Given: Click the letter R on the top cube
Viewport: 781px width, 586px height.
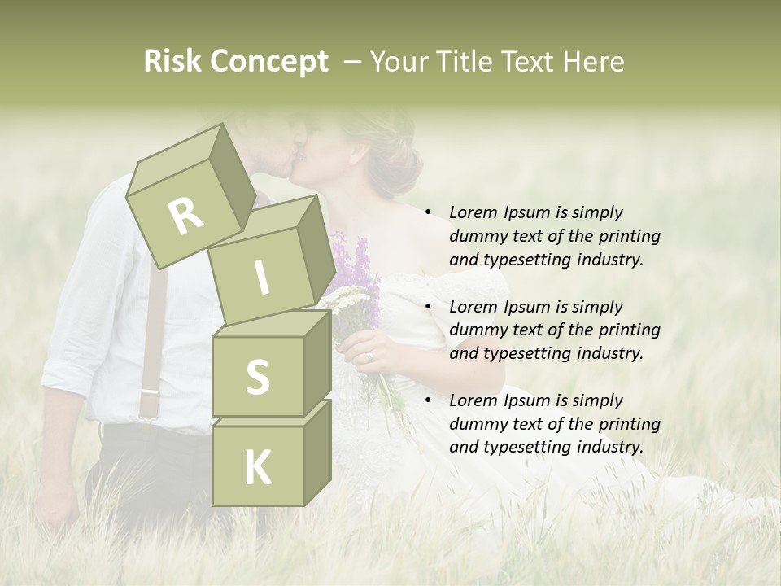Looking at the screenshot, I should [185, 216].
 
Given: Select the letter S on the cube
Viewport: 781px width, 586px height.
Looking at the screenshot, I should [257, 377].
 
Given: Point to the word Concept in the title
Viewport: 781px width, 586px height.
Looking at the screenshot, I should [268, 62].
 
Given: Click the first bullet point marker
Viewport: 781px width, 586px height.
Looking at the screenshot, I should [428, 212].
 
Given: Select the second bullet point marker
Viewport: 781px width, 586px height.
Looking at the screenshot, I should [428, 307].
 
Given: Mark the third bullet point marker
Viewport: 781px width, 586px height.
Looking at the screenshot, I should [428, 400].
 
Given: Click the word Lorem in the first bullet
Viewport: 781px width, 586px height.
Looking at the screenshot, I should [473, 212].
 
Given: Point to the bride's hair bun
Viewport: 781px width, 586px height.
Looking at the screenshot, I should [399, 159].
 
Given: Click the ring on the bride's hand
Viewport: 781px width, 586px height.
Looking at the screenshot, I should [371, 356].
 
